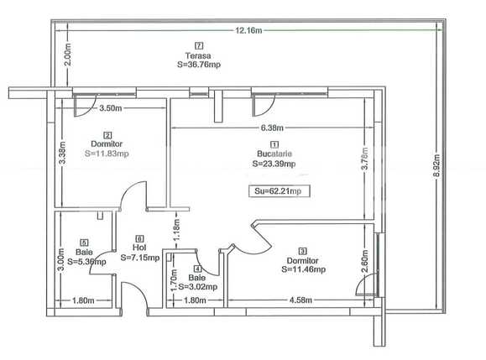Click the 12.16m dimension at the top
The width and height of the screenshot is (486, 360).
coord(248,30)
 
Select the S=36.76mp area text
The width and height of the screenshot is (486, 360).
coord(198,64)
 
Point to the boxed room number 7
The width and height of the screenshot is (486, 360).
coord(198,45)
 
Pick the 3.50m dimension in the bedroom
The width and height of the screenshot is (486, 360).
coord(112,109)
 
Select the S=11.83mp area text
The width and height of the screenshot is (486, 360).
coord(107,154)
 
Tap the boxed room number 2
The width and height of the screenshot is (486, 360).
coord(107,134)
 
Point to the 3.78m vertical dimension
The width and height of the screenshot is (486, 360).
coord(363,166)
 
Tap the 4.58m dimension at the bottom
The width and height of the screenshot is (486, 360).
coord(302,299)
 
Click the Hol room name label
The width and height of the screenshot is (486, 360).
coord(139,248)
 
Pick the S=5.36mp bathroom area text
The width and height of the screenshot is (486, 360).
coord(85,261)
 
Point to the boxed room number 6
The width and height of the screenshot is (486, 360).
coord(139,238)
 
